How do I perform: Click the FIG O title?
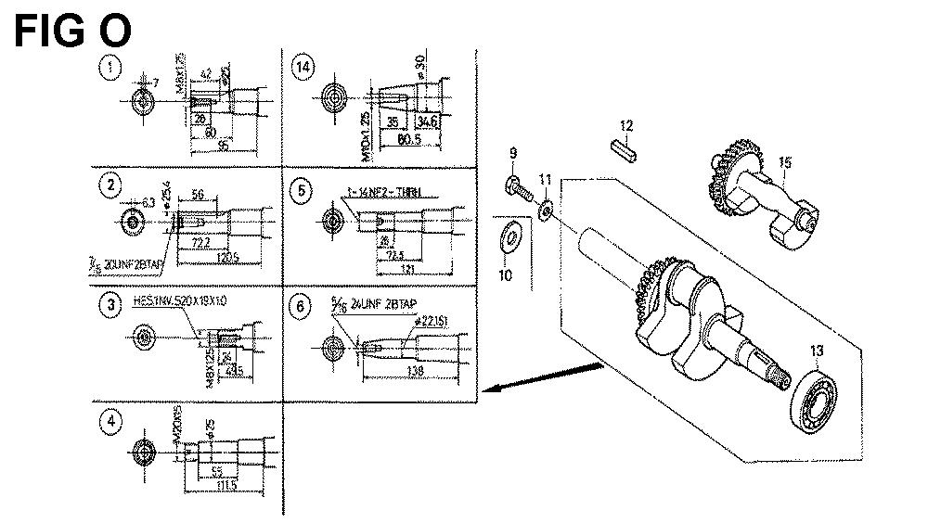point(73,32)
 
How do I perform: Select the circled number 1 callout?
point(112,67)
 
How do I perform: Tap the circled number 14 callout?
point(302,67)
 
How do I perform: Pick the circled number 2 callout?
point(112,185)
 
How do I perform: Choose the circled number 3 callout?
point(112,303)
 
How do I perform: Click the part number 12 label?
point(626,125)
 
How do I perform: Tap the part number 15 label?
point(785,164)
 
